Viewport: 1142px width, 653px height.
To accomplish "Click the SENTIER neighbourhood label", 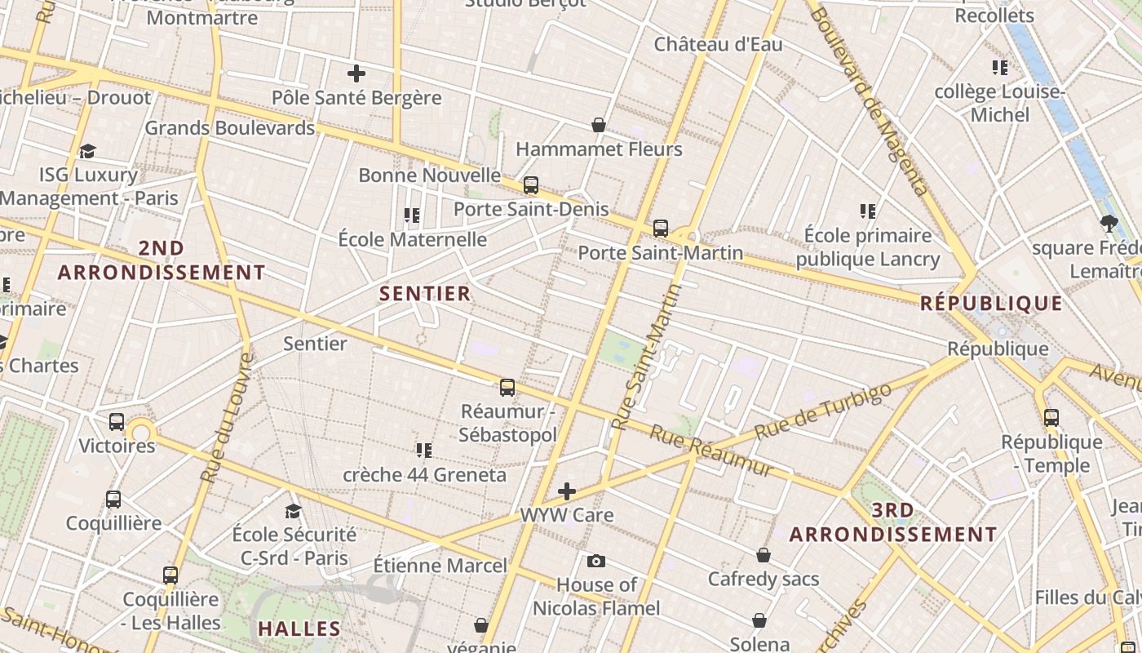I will (425, 294).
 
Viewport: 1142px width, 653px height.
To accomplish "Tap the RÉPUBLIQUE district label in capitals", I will (991, 304).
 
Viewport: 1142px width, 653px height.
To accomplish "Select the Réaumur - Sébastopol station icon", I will (507, 388).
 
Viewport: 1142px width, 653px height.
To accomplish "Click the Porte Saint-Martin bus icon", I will (661, 229).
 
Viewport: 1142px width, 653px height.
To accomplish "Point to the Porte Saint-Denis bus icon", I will (531, 185).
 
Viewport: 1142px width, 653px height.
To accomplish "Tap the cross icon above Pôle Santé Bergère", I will (356, 73).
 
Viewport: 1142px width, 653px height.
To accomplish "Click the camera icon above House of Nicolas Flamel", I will (596, 561).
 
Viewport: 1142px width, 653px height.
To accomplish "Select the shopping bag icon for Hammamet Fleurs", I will (599, 125).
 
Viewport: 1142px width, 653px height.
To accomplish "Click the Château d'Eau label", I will (718, 45).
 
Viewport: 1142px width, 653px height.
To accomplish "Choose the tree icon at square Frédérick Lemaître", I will (1108, 223).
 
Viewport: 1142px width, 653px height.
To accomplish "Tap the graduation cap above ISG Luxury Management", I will (87, 151).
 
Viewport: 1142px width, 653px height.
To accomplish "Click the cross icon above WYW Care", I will (567, 491).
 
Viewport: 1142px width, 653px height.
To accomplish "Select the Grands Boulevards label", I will (229, 128).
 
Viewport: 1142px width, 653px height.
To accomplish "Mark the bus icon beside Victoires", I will (117, 422).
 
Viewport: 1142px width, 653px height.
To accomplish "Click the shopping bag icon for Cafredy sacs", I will (764, 555).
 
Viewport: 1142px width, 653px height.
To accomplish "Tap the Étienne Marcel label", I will (440, 565).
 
